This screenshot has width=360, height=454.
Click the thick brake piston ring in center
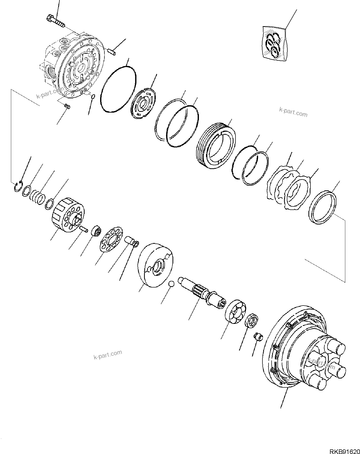coord(216,147)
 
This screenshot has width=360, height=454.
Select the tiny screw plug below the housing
coord(67,107)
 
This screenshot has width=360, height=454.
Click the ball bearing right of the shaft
coord(236,311)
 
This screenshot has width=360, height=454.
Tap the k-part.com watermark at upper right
coord(293,112)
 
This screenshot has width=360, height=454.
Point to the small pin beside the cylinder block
coord(84,229)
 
